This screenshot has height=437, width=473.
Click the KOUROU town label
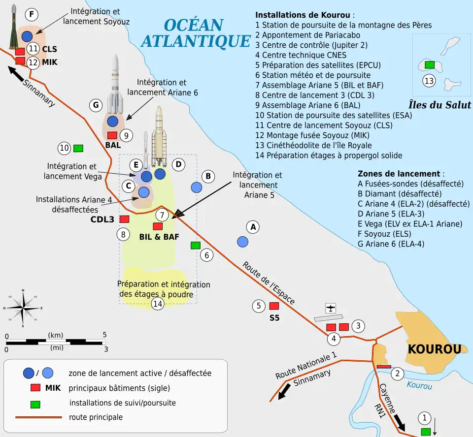(434, 349)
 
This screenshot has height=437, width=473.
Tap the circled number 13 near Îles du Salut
(429, 81)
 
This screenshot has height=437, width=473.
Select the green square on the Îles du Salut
(429, 64)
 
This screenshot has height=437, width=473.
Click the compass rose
(23, 308)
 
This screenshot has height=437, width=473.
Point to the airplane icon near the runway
(331, 308)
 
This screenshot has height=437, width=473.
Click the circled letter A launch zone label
(253, 227)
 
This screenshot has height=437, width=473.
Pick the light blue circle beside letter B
(196, 187)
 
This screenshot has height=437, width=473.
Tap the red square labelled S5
(274, 306)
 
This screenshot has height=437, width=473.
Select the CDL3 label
(102, 219)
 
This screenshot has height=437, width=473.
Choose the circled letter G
(96, 104)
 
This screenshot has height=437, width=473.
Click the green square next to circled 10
(78, 148)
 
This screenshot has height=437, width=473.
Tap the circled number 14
(157, 304)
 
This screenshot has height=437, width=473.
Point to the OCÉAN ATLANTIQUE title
(196, 33)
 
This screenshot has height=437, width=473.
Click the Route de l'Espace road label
(269, 283)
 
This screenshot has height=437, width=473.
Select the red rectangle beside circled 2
(383, 367)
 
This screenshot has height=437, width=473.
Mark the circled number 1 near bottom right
(424, 418)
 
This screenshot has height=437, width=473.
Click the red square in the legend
(35, 388)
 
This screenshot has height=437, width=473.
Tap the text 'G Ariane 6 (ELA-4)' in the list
(391, 244)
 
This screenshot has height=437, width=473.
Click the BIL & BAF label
(159, 237)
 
